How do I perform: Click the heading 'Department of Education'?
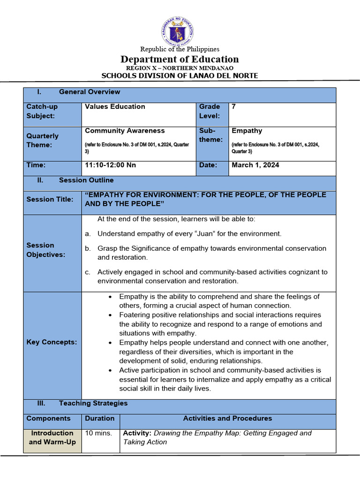180,59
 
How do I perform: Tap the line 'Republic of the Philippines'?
180,49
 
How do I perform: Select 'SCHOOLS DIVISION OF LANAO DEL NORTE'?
180,76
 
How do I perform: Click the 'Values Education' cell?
115,107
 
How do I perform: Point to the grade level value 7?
233,107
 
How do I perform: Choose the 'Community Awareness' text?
125,131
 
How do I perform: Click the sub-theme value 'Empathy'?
247,131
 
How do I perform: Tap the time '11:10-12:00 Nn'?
110,165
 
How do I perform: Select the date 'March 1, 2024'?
255,165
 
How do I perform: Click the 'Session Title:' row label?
50,199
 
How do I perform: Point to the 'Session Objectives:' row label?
46,250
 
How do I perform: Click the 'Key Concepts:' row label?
52,342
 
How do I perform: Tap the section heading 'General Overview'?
89,92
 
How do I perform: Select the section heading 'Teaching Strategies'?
93,403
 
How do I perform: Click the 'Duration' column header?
99,418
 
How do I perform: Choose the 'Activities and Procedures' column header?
227,418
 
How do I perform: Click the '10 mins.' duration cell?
98,433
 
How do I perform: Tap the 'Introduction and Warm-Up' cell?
52,437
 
